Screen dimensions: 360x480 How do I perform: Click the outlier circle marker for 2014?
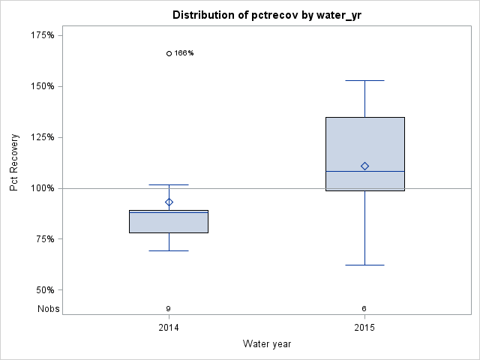[x=169, y=53]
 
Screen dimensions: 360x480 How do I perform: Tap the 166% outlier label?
[x=184, y=53]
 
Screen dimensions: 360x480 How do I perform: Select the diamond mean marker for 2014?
[x=169, y=202]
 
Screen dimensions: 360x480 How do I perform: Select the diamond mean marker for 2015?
[x=364, y=166]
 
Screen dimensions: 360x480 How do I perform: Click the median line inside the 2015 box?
[x=364, y=171]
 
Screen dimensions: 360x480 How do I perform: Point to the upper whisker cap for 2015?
[x=364, y=80]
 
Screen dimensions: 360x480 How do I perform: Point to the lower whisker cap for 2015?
[x=364, y=265]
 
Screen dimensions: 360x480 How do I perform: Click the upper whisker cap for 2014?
[x=169, y=184]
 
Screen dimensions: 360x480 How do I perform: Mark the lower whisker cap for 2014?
[x=169, y=250]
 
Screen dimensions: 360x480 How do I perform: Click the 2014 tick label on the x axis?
[x=169, y=328]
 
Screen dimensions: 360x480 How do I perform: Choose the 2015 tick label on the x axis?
[x=364, y=328]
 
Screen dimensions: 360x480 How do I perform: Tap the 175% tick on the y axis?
[x=43, y=35]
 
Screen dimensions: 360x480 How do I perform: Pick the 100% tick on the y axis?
[x=43, y=188]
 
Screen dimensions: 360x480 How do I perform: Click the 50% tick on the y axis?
[x=45, y=290]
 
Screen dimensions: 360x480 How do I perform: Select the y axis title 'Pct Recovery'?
[x=14, y=163]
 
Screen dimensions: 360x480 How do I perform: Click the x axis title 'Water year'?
[x=267, y=344]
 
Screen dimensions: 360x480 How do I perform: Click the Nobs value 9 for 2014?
[x=169, y=308]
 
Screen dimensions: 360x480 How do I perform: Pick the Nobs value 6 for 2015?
[x=364, y=308]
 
